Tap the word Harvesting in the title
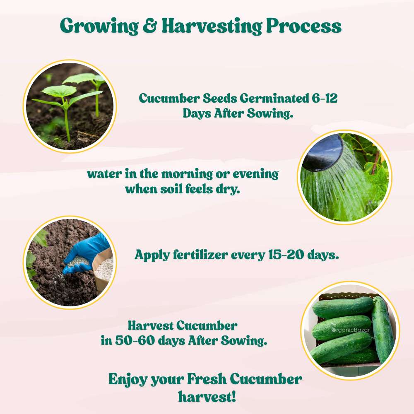pos(212,26)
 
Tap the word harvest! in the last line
pos(207,396)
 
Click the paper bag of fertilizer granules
pos(103,265)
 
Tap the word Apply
pos(150,255)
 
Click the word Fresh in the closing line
pos(206,379)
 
